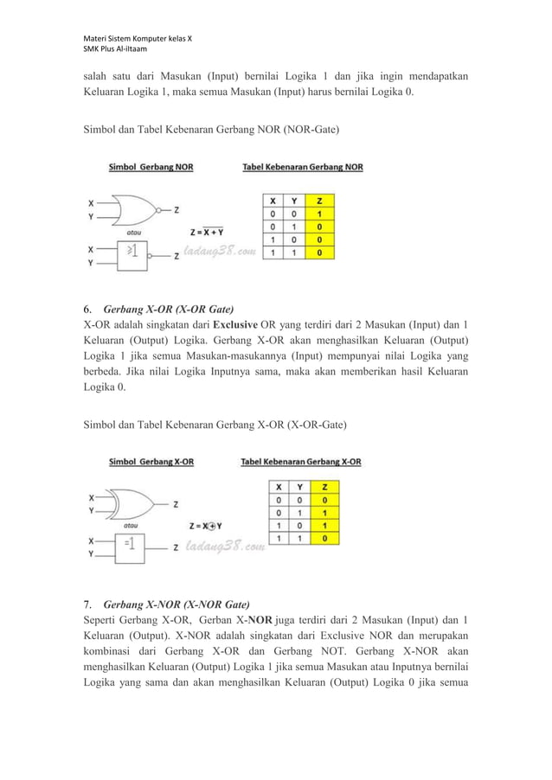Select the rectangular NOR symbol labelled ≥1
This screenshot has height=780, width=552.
click(131, 253)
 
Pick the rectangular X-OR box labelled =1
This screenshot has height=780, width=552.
click(129, 545)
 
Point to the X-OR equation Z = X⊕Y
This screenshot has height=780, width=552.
click(206, 525)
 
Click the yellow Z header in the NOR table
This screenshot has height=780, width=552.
click(320, 201)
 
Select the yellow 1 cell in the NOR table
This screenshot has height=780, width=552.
click(320, 214)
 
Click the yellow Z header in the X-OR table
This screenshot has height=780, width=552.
click(324, 486)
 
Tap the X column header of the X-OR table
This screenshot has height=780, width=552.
click(278, 486)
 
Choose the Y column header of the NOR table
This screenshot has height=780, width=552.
click(296, 201)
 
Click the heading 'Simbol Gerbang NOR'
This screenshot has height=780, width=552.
click(151, 169)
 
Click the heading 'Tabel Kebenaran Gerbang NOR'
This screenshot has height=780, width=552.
click(302, 169)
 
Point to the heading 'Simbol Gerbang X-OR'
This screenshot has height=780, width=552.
click(151, 462)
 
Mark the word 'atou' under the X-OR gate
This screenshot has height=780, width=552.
click(134, 524)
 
